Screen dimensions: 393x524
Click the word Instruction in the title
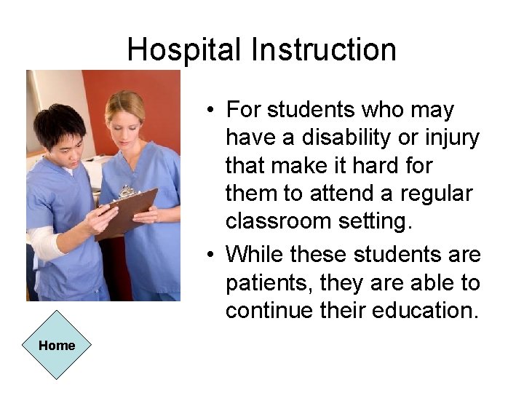click(324, 49)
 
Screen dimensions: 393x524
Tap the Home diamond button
click(57, 345)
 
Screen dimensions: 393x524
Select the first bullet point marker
click(209, 111)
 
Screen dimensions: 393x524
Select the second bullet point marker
click(209, 255)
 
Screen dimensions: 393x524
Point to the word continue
click(270, 311)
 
